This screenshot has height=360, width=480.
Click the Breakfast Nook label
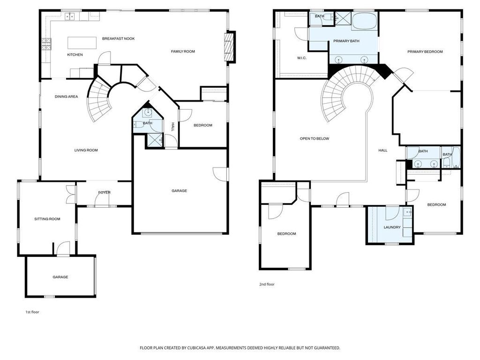118,38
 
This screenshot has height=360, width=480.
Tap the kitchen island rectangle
82,43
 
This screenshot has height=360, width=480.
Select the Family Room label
183,52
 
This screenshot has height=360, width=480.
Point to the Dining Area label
66,97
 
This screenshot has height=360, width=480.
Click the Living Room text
86,150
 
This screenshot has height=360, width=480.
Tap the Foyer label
104,193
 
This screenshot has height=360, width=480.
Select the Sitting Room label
47,219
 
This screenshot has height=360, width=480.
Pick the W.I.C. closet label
301,58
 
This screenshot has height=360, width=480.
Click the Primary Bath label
346,41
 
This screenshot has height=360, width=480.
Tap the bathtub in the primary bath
365,21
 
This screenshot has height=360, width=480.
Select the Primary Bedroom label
425,52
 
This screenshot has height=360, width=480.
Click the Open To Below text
315,139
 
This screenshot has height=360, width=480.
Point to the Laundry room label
392,227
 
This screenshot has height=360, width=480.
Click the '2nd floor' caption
267,285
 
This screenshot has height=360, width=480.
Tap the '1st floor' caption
32,312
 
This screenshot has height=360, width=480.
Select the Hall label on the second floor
382,150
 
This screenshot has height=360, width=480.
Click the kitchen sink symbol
70,16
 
